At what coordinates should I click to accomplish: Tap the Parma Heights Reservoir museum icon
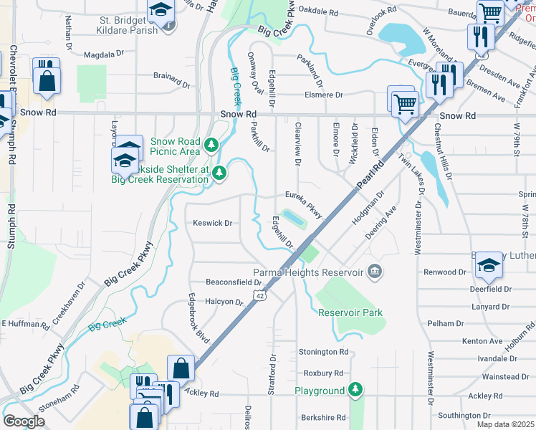(x=374, y=272)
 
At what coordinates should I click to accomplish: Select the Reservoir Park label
(x=350, y=312)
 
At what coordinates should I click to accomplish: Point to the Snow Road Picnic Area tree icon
(x=211, y=145)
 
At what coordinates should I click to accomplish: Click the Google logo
(x=24, y=421)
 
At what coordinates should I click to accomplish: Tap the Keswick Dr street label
(x=212, y=223)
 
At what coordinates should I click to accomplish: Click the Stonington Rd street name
(x=323, y=352)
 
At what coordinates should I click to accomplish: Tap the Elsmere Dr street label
(x=323, y=95)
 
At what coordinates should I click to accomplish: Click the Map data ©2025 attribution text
(x=505, y=424)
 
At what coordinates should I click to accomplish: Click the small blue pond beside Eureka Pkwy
(x=295, y=217)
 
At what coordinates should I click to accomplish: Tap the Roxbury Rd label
(x=323, y=373)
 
